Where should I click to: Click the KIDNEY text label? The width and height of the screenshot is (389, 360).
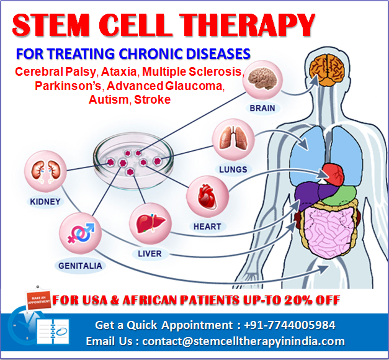pyautogui.click(x=45, y=202)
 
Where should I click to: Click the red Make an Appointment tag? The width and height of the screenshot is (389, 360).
pyautogui.click(x=37, y=298)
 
